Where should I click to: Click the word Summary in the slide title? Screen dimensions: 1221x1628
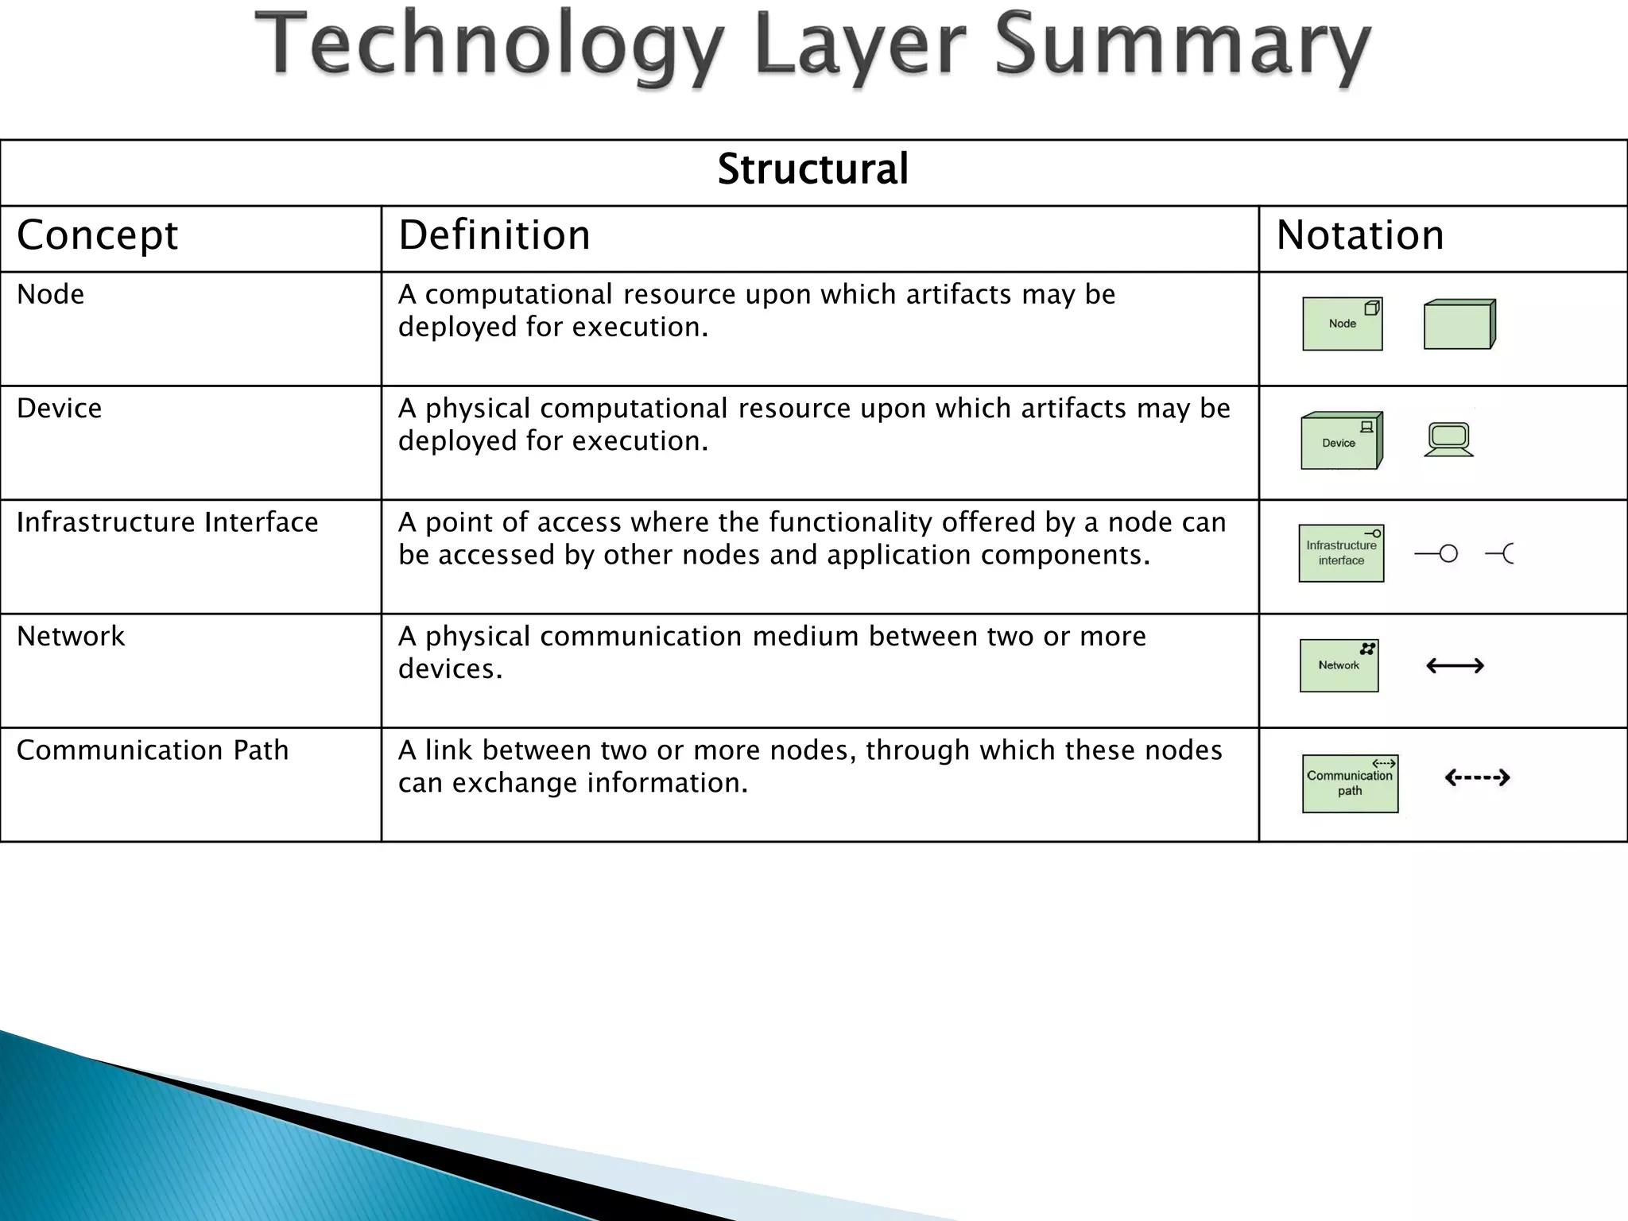click(1183, 48)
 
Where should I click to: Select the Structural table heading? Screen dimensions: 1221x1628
click(812, 169)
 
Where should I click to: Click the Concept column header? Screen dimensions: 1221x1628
click(97, 235)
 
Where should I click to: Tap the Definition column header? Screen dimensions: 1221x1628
click(494, 235)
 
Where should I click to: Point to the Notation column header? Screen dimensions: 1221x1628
click(1359, 235)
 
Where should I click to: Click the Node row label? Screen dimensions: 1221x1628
click(50, 295)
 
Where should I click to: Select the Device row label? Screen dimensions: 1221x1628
click(59, 409)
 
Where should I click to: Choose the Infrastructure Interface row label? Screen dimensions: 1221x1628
click(167, 522)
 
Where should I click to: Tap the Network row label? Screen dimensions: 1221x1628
click(71, 637)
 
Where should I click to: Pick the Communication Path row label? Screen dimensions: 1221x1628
click(153, 750)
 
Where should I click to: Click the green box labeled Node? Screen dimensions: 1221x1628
click(1342, 324)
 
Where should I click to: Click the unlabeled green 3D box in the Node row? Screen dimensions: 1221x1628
click(1459, 324)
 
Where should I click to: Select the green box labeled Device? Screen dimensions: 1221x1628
click(1341, 441)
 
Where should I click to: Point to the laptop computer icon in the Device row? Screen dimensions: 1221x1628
click(1448, 440)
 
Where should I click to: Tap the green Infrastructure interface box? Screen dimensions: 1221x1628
click(1341, 553)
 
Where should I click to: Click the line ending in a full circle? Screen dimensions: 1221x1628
click(1436, 554)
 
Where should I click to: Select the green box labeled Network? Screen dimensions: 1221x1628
click(1339, 666)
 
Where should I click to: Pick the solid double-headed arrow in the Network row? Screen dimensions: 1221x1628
click(1455, 666)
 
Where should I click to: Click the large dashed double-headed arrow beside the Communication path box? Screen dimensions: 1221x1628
click(1476, 777)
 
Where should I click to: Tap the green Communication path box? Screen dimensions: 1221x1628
click(1350, 784)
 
